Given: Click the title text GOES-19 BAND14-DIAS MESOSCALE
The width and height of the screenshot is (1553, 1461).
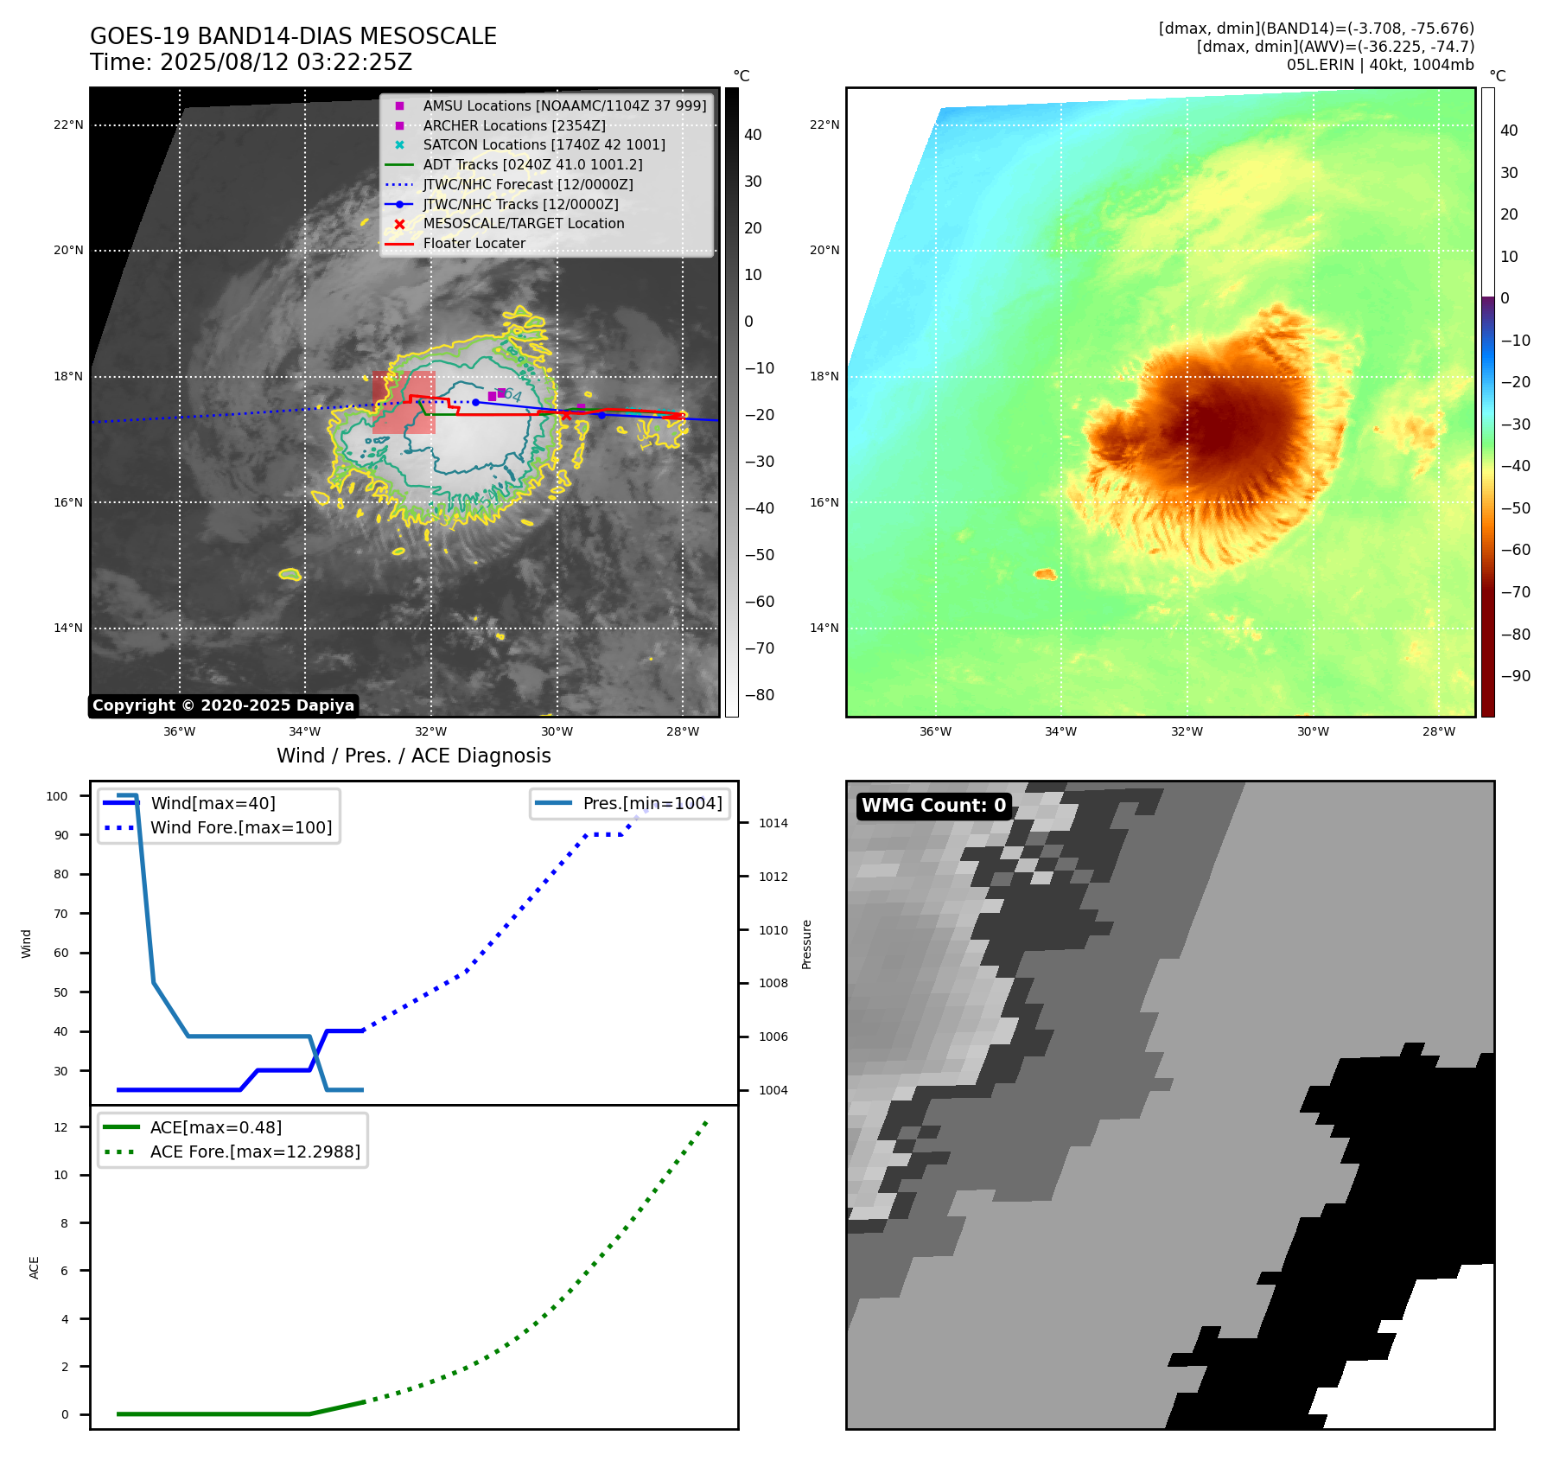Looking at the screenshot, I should point(293,36).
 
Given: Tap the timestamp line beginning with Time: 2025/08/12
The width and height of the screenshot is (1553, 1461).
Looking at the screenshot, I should point(251,62).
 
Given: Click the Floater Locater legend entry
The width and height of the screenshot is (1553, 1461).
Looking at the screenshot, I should point(474,243).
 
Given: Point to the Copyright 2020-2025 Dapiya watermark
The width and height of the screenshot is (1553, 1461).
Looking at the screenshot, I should point(223,705).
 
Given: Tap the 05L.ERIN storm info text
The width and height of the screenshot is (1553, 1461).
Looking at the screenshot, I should point(1379,65).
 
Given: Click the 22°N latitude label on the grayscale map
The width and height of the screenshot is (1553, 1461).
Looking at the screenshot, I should point(68,124).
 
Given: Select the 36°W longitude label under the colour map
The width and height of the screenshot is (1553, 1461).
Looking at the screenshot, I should point(935,731).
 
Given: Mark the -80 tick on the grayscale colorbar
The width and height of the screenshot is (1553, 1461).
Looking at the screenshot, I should point(760,694).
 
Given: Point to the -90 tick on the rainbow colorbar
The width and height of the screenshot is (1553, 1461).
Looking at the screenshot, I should point(1515,675).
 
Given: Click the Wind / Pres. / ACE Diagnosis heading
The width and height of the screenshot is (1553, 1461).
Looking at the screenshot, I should point(413,756).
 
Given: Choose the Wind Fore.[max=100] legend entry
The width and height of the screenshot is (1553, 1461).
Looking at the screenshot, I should point(240,827).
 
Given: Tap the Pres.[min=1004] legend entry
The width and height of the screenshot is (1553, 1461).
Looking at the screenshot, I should point(652,803).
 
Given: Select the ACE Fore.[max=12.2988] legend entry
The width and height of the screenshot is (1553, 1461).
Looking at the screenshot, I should point(254,1152).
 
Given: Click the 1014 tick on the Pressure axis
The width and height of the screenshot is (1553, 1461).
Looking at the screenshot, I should point(773,823).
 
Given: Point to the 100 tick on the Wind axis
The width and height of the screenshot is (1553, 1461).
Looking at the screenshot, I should point(57,796).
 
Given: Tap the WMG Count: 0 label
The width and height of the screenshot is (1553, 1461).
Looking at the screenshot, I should point(933,806).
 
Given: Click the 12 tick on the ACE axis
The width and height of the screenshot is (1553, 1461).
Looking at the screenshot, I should point(60,1127).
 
